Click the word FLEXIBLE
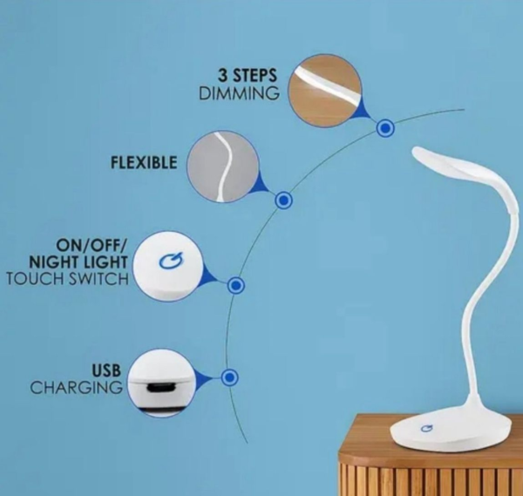[x=144, y=163]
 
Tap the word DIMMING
[x=239, y=93]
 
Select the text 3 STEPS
[x=248, y=75]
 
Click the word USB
[x=106, y=370]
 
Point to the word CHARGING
[x=77, y=388]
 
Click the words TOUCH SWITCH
[x=68, y=279]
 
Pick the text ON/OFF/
[x=92, y=246]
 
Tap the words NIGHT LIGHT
[x=78, y=262]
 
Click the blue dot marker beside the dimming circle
[x=385, y=128]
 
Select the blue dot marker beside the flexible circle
[x=283, y=200]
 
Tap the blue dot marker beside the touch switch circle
[x=236, y=286]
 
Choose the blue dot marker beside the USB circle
[x=229, y=377]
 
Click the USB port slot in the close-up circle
[x=160, y=388]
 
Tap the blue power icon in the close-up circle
[x=171, y=261]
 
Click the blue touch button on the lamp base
[x=426, y=428]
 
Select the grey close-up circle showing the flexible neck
[x=223, y=166]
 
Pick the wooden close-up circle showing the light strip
[x=324, y=91]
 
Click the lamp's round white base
[x=451, y=431]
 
